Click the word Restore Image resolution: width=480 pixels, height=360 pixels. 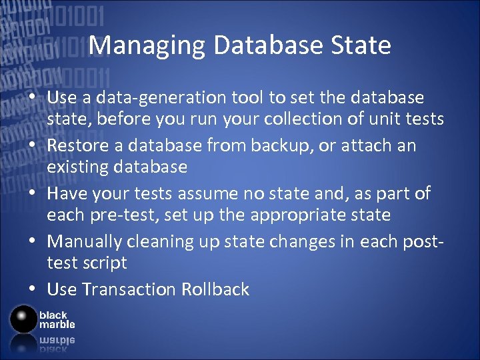tap(79, 145)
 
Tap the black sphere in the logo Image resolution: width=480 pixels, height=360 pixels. tap(23, 319)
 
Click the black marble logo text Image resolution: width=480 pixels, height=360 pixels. tap(56, 319)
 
